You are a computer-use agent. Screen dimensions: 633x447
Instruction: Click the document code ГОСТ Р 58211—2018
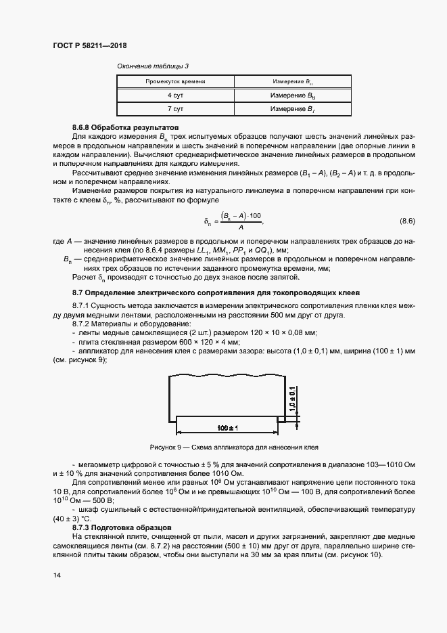coord(89,46)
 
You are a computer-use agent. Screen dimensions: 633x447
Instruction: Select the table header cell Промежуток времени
coord(175,81)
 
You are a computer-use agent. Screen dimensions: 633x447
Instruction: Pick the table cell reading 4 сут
coord(175,95)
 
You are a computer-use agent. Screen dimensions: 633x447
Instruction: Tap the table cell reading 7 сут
coord(175,109)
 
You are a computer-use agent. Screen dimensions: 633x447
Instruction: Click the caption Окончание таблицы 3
coord(153,66)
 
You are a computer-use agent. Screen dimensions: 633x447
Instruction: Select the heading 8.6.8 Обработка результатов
coord(116,127)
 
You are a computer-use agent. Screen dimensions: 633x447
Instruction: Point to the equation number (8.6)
coord(408,221)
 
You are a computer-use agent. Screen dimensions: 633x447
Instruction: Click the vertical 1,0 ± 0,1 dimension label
coord(292,399)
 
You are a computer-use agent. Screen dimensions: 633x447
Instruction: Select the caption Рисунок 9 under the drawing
coord(233,448)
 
